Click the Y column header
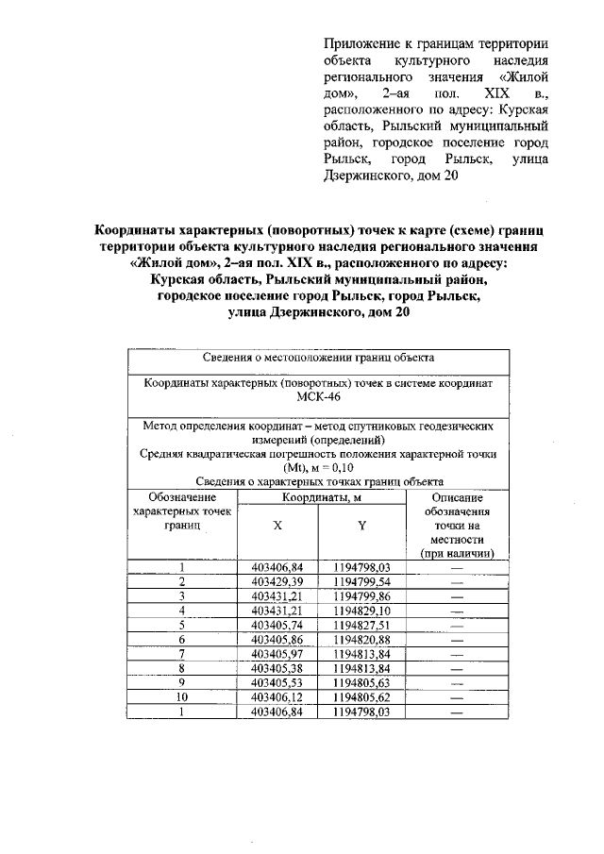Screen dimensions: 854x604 (361, 525)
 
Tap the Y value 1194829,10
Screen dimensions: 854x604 (361, 611)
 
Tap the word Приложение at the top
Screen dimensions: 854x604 (362, 44)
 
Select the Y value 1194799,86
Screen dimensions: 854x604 (361, 596)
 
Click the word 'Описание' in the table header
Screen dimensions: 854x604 (457, 497)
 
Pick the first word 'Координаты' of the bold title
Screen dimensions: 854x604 (136, 230)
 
